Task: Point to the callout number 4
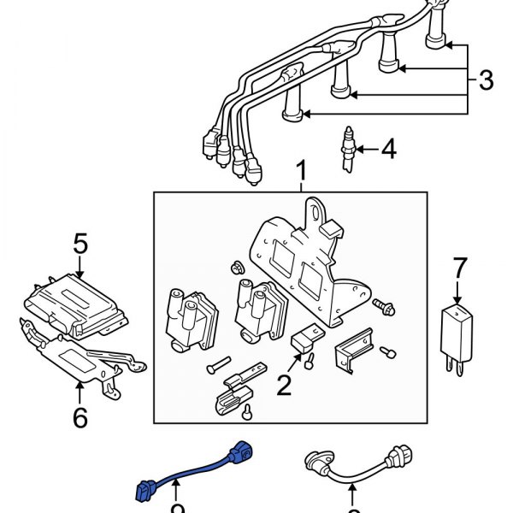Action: (388, 150)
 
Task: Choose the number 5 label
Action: (80, 245)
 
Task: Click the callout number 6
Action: (80, 416)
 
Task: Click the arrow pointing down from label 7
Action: (459, 292)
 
